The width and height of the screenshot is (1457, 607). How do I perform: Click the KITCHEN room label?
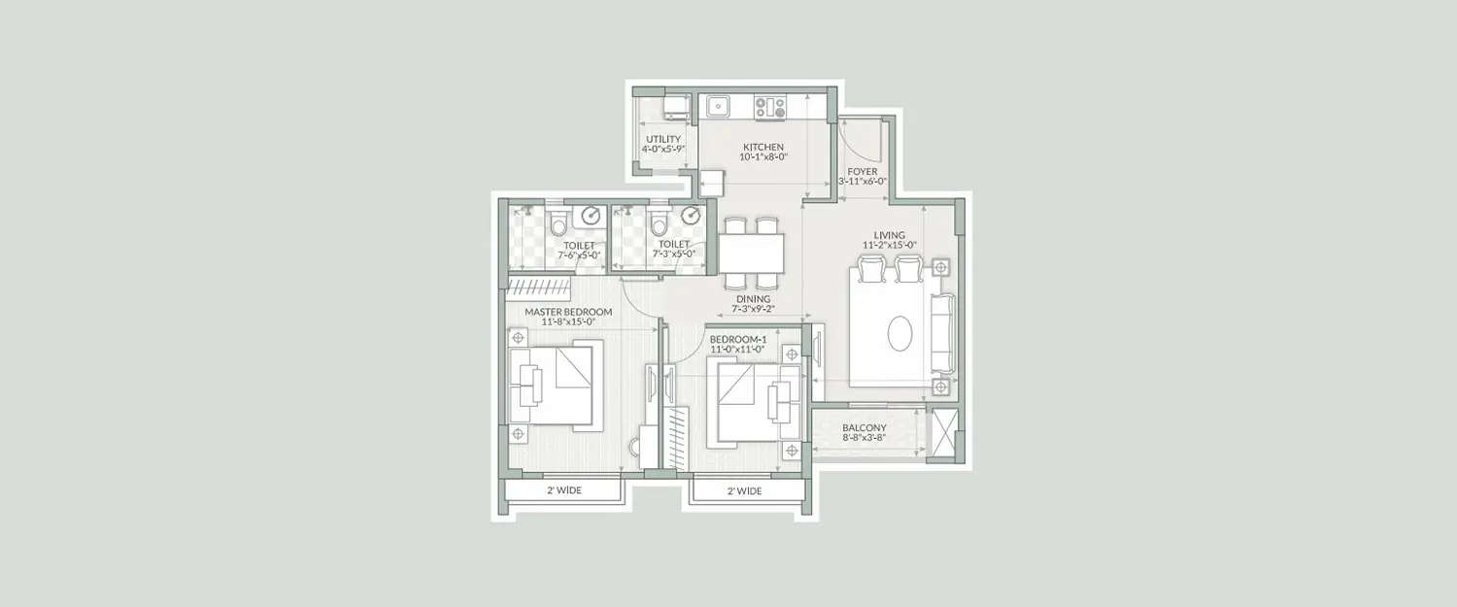762,147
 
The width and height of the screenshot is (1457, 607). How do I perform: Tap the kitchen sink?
720,105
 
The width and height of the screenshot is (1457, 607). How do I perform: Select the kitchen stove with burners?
770,107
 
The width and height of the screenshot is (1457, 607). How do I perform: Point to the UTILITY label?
663,140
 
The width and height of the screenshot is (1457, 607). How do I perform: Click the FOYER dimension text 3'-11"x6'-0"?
862,183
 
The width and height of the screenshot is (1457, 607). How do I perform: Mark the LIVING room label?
889,235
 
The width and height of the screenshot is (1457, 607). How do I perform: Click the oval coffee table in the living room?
900,334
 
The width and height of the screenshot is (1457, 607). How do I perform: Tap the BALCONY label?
864,427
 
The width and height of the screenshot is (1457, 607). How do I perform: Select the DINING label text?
754,299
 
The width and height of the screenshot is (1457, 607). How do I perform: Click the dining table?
752,254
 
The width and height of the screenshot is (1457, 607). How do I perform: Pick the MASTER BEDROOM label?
568,312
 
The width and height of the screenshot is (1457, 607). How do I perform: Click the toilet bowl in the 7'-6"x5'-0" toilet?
557,224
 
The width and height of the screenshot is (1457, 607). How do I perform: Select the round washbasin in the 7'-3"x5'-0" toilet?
692,216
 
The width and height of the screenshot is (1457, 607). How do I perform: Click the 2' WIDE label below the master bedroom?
562,490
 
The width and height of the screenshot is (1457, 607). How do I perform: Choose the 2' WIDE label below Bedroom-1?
745,490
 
